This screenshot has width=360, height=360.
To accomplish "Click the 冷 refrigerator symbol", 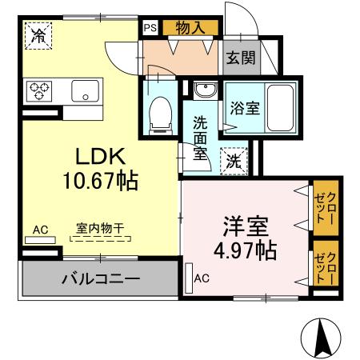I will [x=37, y=35].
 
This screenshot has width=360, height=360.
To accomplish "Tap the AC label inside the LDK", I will [x=39, y=230].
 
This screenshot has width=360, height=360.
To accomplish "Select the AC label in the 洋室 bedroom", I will [x=202, y=278].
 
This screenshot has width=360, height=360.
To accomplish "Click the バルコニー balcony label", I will [x=101, y=280].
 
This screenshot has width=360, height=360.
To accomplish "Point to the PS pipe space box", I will [x=150, y=26].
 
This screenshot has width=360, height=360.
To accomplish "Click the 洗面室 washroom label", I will [x=200, y=138].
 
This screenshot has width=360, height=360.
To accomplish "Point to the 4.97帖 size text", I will [x=245, y=250].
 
